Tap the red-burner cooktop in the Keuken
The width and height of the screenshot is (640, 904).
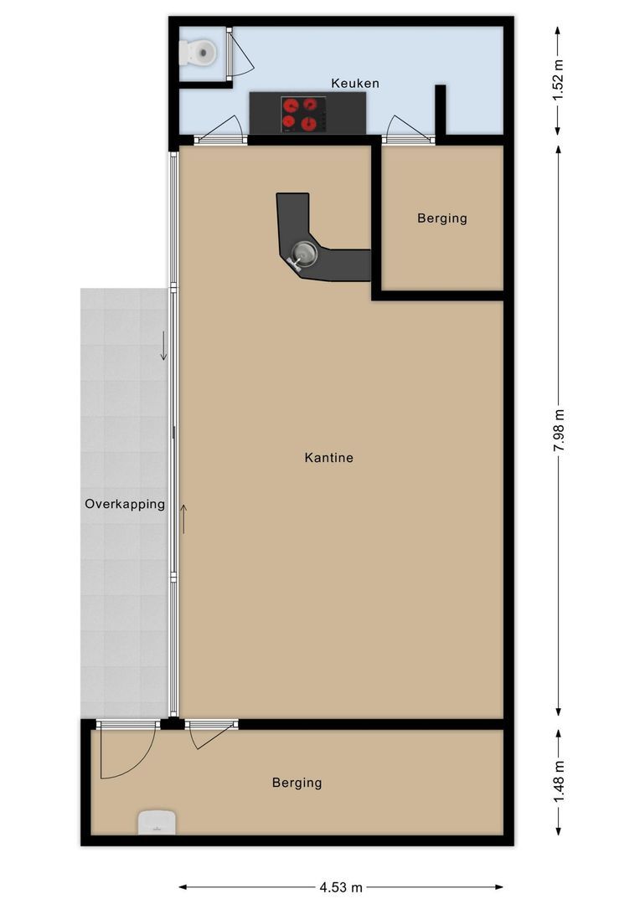click(x=302, y=115)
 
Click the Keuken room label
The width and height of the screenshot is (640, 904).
click(x=354, y=83)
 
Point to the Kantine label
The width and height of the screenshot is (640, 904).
click(x=328, y=458)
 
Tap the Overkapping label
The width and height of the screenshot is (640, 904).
click(x=125, y=504)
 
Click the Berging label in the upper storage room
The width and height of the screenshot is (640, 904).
click(x=441, y=218)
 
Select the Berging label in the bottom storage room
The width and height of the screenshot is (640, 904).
click(x=297, y=783)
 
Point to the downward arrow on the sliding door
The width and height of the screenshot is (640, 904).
click(x=164, y=346)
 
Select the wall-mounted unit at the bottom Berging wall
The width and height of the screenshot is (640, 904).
click(x=156, y=822)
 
